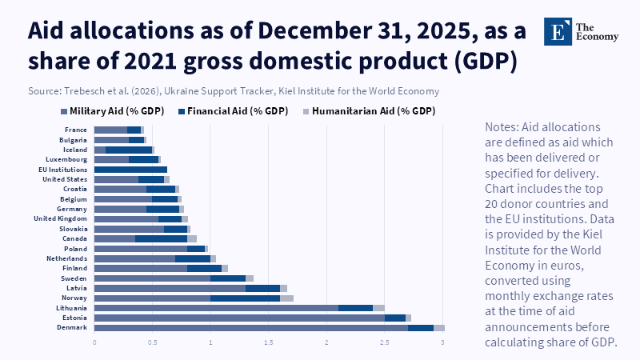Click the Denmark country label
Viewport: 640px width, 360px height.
coord(72,327)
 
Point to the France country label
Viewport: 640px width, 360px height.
coord(76,130)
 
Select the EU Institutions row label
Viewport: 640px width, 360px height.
coord(63,170)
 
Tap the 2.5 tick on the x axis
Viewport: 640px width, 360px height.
coord(385,342)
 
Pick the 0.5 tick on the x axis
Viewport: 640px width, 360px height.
coord(152,342)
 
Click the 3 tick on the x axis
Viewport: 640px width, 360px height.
coord(442,342)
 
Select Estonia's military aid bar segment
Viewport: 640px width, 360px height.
coord(239,318)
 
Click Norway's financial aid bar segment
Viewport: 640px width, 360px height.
coord(245,298)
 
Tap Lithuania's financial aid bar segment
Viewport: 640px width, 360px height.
coord(355,307)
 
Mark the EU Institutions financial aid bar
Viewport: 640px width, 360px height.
coord(130,170)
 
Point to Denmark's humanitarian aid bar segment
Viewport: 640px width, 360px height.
coord(439,327)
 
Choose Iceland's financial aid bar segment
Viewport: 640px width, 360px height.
coord(128,150)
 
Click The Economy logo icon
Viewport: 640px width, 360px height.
coord(556,31)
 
